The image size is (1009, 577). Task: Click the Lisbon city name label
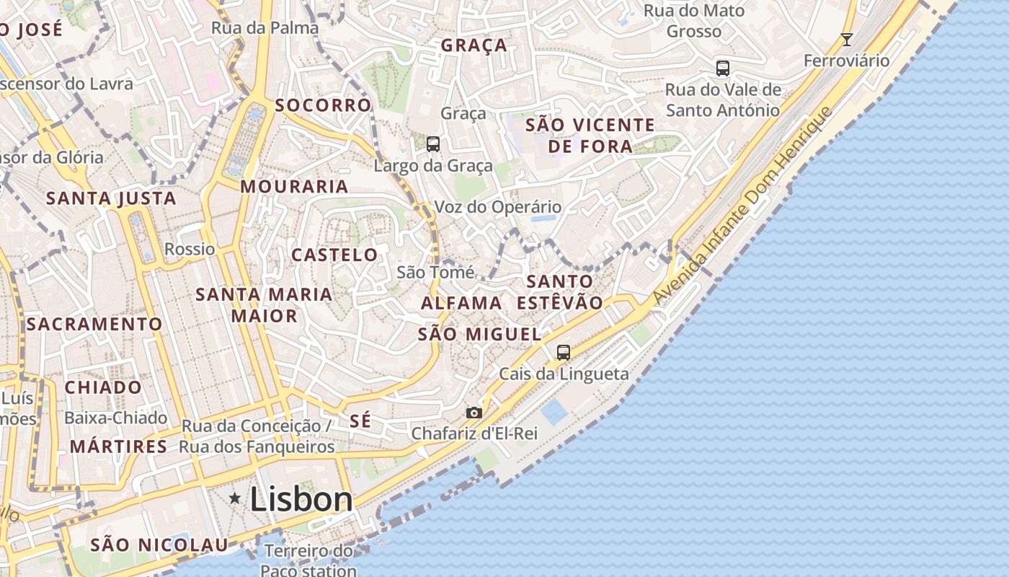coord(301,499)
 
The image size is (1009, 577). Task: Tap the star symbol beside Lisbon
coord(235,498)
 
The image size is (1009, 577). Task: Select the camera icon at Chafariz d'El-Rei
coord(474,413)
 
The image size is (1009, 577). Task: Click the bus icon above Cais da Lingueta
coord(564,353)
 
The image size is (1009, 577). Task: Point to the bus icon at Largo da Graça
coord(432,144)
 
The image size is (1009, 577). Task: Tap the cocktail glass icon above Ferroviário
coord(847,40)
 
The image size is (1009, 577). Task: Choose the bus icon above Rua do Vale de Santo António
coord(723,69)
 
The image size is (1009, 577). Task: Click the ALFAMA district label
coord(461,303)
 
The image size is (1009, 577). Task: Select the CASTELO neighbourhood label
coord(334,255)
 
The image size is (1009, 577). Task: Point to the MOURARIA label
coord(294,186)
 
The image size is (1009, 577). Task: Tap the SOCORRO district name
coord(323,105)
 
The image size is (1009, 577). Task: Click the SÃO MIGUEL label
coord(479,334)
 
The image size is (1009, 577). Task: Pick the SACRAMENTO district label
coord(94,325)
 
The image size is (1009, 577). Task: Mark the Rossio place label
coord(190,249)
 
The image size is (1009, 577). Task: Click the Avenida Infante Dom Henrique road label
coord(742,206)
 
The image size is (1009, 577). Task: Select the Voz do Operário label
coord(497,207)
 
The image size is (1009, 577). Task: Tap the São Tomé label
coord(435,272)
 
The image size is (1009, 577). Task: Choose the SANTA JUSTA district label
coord(111,198)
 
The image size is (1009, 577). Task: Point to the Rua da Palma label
coord(265,28)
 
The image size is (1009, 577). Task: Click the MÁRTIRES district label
coord(118,446)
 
